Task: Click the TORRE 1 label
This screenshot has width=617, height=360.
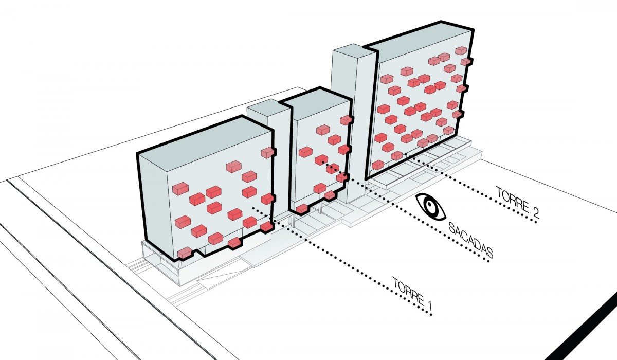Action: click(x=412, y=295)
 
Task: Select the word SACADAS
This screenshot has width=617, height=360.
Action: click(x=470, y=240)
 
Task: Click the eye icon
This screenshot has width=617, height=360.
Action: click(x=430, y=207)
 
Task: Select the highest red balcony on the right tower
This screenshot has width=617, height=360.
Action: click(x=461, y=50)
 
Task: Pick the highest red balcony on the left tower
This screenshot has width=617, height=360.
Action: click(x=268, y=152)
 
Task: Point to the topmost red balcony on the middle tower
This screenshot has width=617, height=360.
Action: click(x=346, y=120)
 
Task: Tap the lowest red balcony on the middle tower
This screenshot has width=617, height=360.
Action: click(x=302, y=208)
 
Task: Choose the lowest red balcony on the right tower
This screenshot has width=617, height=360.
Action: click(x=378, y=165)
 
